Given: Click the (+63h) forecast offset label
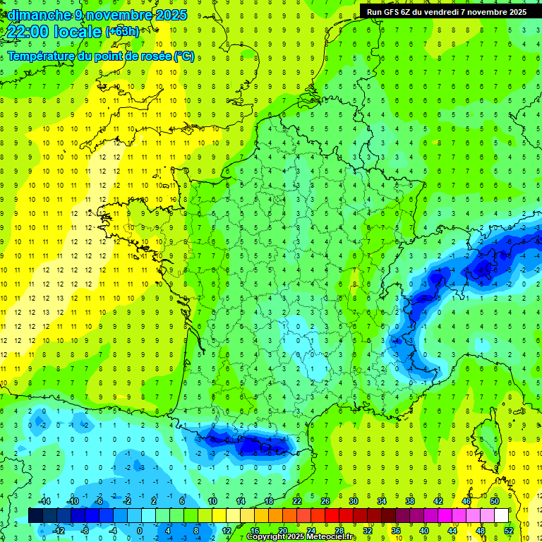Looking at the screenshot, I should click(x=122, y=32).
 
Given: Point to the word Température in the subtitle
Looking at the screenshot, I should click(x=42, y=56).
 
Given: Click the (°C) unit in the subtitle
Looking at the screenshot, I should click(x=184, y=56).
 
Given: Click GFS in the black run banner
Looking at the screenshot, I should click(x=399, y=11).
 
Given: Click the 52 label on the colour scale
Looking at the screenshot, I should click(x=509, y=531).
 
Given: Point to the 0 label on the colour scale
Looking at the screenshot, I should click(x=140, y=531).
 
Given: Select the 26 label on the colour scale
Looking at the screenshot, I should click(x=325, y=501).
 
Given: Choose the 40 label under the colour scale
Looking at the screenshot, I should click(x=424, y=531).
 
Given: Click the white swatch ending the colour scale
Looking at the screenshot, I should click(x=502, y=516).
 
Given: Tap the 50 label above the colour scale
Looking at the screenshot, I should click(x=495, y=501).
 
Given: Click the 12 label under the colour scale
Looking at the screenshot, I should click(x=226, y=531).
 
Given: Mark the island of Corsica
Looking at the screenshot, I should click(x=487, y=441).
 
